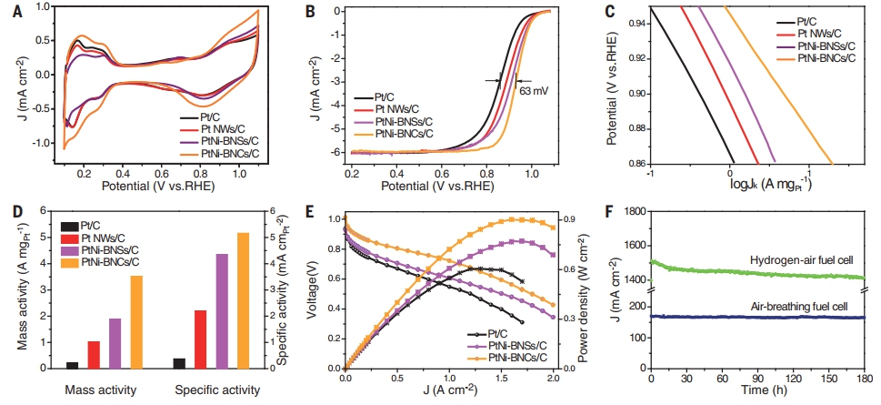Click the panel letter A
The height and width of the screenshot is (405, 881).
pyautogui.click(x=8, y=10)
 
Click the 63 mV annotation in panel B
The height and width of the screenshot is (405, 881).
pyautogui.click(x=533, y=92)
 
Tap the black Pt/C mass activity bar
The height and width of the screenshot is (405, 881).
pyautogui.click(x=72, y=365)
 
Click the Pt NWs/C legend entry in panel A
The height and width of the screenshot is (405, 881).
pyautogui.click(x=220, y=129)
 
